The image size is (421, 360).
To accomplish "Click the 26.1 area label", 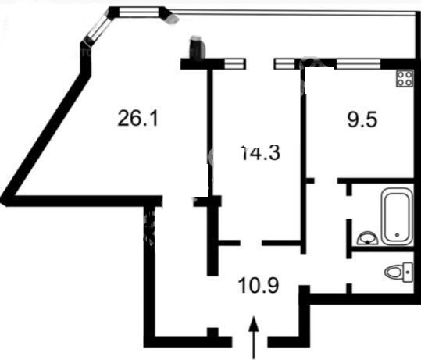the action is point(137,119).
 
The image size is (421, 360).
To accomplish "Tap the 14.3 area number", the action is point(260,152).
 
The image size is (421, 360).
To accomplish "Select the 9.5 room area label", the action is point(362,119).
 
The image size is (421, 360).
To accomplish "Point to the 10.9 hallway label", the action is point(259,285).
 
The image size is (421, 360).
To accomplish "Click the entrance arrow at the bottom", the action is point(254,337).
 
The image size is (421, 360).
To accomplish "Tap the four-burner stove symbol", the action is point(405,78).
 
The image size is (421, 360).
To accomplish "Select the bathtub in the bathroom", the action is point(397,216).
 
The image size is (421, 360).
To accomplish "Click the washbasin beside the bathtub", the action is point(367,238).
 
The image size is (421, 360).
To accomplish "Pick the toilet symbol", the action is point(399,273).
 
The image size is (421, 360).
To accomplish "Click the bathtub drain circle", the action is point(397,235).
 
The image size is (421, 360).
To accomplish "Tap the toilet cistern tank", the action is point(408,273).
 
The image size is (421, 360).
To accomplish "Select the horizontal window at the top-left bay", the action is point(138,12).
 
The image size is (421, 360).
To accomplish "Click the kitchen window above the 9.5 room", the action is point(359,64).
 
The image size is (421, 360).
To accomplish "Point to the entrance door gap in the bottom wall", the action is point(249,341).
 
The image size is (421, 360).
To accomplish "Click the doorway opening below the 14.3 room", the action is point(251,243).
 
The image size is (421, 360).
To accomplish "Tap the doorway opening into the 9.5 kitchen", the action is point(326,180).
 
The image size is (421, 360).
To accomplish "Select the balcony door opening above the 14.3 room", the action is point(259,64).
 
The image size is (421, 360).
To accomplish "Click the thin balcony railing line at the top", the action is point(293,12).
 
